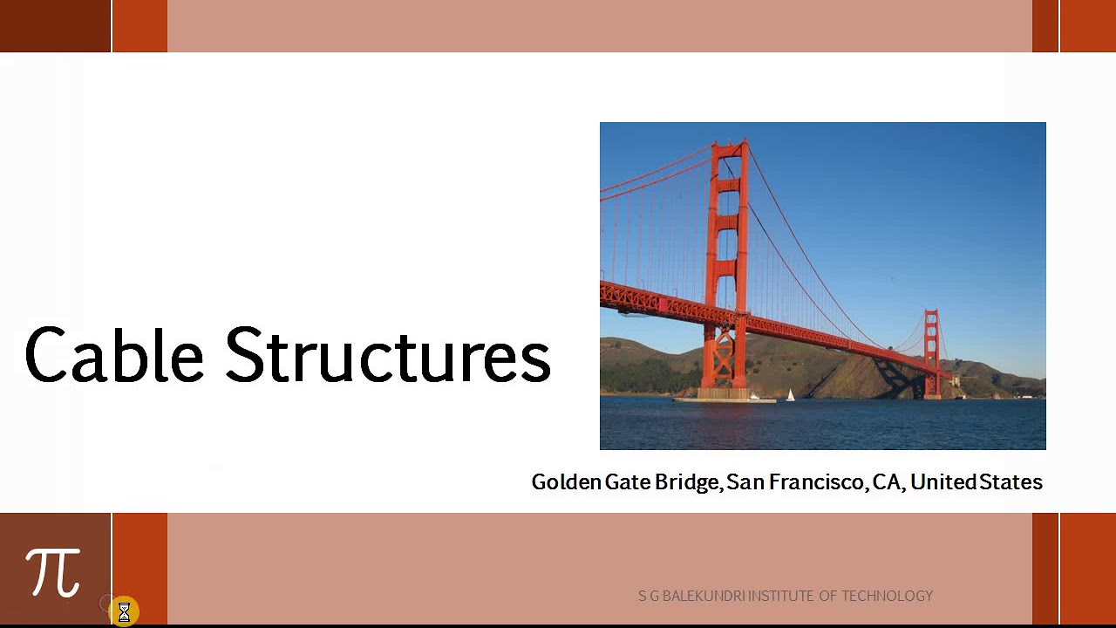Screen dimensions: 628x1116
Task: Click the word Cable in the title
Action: point(113,355)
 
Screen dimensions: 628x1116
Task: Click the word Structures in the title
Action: point(388,355)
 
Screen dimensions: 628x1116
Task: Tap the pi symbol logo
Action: point(53,572)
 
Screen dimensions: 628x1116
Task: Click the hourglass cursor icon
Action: point(124,612)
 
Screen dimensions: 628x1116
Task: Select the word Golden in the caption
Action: point(566,482)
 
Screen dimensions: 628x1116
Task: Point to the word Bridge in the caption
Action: point(687,482)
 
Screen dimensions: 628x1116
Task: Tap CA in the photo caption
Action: point(887,482)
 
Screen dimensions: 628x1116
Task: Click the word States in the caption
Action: point(1011,482)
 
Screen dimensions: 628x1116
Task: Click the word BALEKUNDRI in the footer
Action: point(704,596)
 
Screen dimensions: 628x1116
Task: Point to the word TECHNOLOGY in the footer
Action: point(887,596)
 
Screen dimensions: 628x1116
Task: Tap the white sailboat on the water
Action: point(790,396)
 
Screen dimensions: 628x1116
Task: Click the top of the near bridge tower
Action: point(729,147)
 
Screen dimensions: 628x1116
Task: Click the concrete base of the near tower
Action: point(723,395)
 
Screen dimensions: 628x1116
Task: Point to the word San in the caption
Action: point(743,482)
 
